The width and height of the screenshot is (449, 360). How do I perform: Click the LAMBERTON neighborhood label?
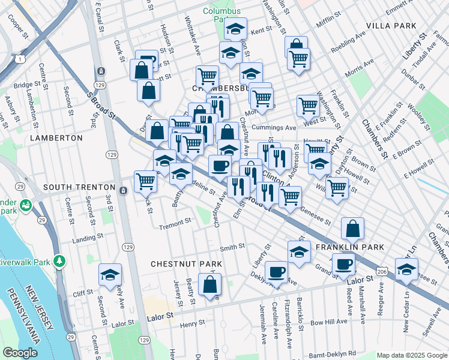pos(55,138)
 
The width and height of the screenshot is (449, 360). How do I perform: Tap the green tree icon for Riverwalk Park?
pos(59,261)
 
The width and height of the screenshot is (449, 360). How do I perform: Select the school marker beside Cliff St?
pos(110,274)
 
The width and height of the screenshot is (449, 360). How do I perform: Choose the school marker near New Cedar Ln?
pos(406,269)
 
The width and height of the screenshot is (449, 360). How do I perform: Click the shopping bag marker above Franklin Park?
pos(352,227)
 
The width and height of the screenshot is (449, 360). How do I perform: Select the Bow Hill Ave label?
pos(329,322)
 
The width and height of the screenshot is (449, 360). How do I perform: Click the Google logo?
pos(20,353)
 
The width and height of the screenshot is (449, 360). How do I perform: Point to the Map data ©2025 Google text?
pos(411,355)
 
